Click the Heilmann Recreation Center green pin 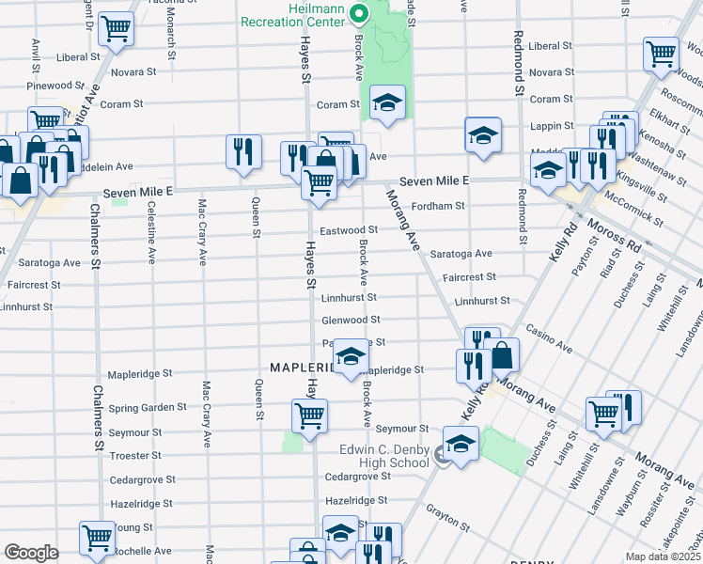pyautogui.click(x=358, y=14)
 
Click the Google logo pyautogui.click(x=31, y=553)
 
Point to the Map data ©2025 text pyautogui.click(x=663, y=556)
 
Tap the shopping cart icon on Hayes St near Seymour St pyautogui.click(x=309, y=415)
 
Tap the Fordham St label pyautogui.click(x=440, y=206)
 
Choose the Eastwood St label pyautogui.click(x=349, y=229)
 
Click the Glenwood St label pyautogui.click(x=350, y=320)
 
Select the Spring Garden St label pyautogui.click(x=148, y=408)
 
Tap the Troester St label pyautogui.click(x=136, y=455)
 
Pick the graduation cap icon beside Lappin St pyautogui.click(x=482, y=135)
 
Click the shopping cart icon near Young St pyautogui.click(x=96, y=538)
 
